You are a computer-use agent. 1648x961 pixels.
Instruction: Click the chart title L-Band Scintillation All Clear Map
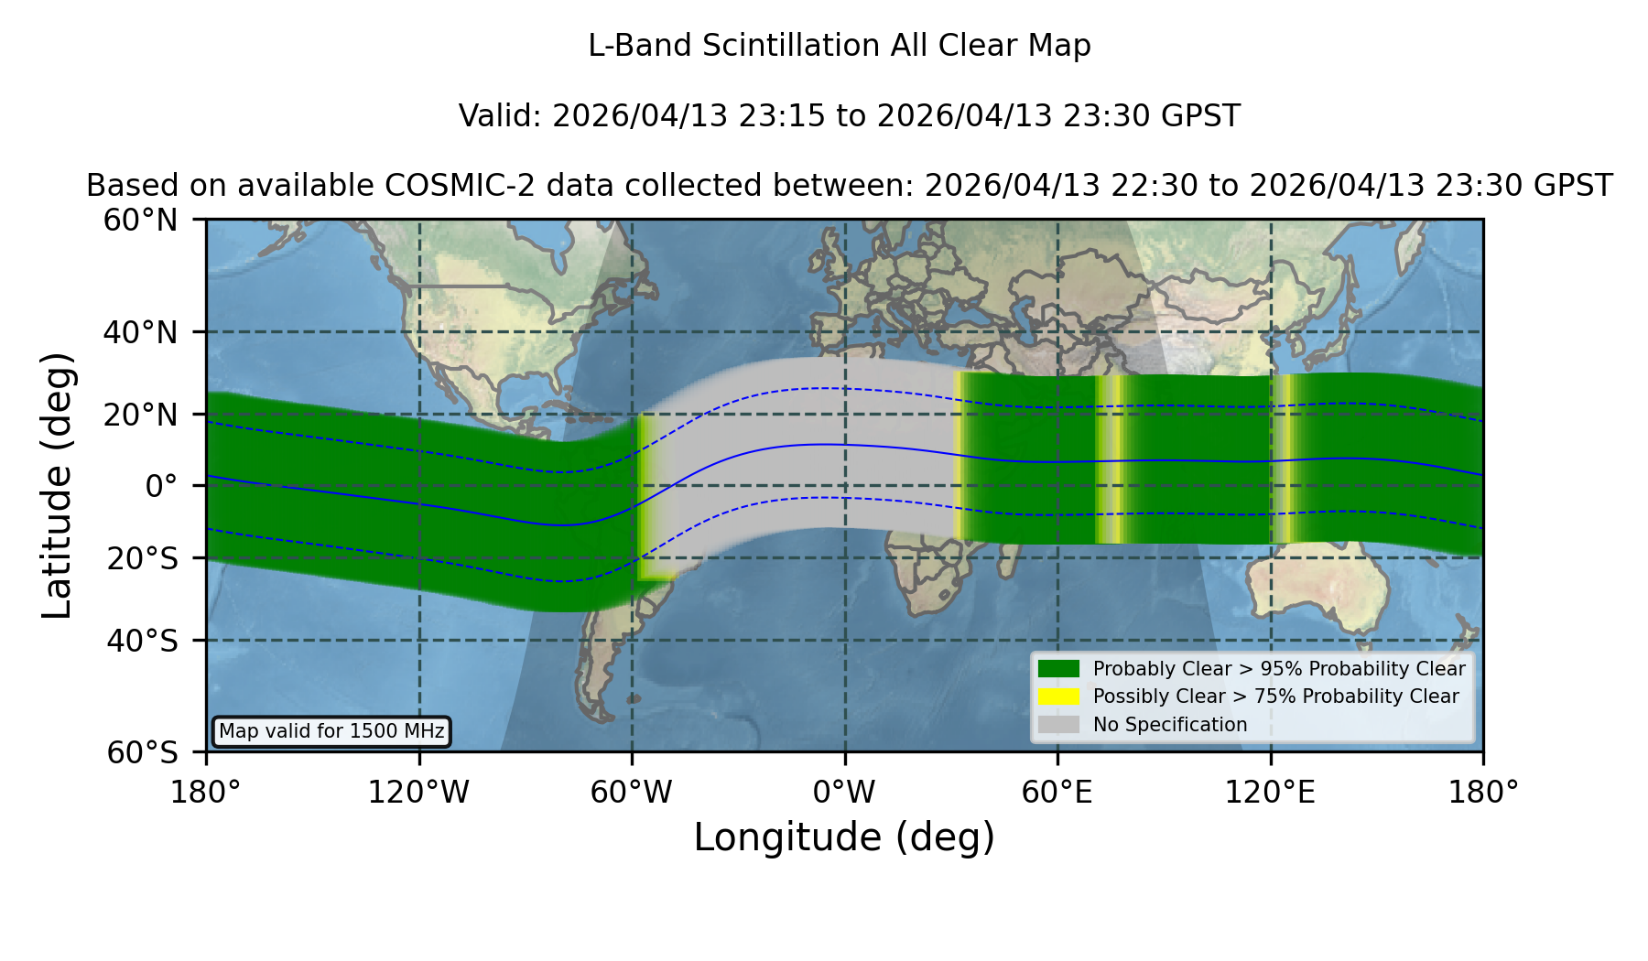[x=840, y=46]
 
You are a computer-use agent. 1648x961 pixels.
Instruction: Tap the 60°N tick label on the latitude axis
[x=140, y=221]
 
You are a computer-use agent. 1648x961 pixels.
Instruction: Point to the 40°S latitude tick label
[x=142, y=641]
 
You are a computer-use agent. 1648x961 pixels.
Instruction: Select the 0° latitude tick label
[x=161, y=486]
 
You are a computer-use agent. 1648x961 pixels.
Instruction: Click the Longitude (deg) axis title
[x=844, y=837]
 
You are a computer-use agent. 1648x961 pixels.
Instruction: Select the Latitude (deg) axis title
[x=57, y=485]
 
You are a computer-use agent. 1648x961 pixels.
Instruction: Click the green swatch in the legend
[x=1058, y=668]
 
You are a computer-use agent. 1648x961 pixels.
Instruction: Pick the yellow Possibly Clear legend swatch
[x=1058, y=696]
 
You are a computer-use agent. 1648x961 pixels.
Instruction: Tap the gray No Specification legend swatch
[x=1058, y=725]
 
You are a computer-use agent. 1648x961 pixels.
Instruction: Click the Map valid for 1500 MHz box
[x=331, y=731]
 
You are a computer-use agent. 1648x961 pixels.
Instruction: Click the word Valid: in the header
[x=501, y=116]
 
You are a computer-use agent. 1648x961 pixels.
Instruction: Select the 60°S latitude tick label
[x=142, y=752]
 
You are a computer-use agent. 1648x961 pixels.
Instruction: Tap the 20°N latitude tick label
[x=140, y=415]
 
